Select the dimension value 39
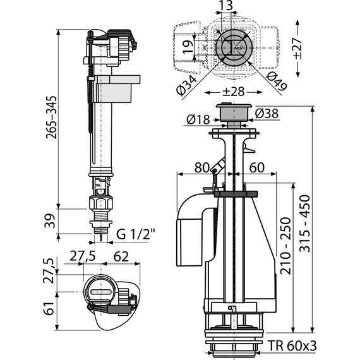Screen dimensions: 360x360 pyautogui.click(x=50, y=221)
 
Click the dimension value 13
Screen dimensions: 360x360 pyautogui.click(x=224, y=7)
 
